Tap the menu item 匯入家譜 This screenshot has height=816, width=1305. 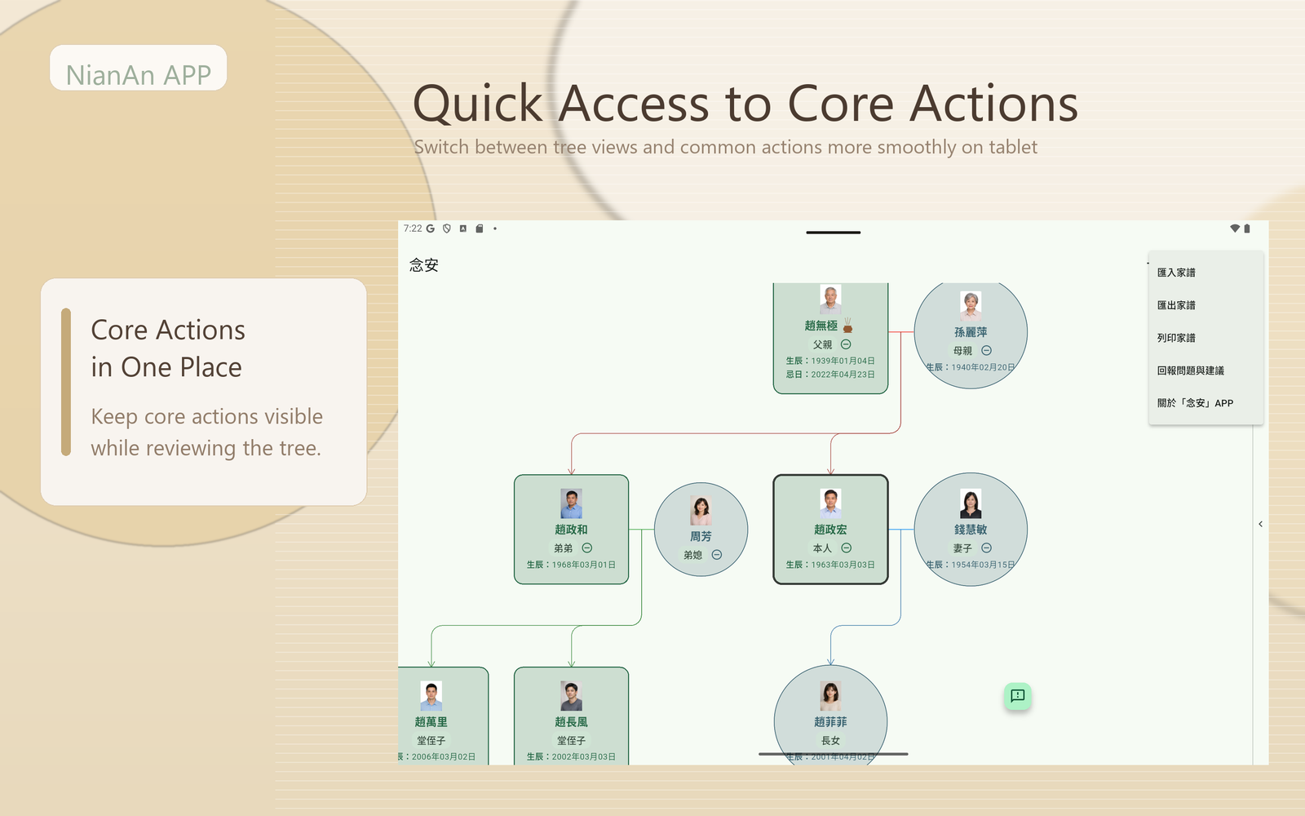[x=1176, y=273]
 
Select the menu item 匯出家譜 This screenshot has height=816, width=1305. [x=1176, y=305]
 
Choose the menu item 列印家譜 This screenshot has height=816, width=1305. [x=1176, y=338]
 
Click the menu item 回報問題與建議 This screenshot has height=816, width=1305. [x=1190, y=370]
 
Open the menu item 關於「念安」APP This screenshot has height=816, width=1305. [x=1195, y=403]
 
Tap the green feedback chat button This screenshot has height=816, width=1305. [x=1017, y=696]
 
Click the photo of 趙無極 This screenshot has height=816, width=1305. [x=830, y=299]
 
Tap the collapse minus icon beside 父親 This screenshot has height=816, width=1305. [x=846, y=344]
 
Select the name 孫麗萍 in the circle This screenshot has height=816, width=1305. [x=971, y=332]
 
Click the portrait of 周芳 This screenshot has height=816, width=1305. [x=701, y=510]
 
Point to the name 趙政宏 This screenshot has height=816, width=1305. [x=830, y=530]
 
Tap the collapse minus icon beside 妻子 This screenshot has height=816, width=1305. [x=986, y=548]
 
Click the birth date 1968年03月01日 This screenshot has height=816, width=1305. [x=583, y=565]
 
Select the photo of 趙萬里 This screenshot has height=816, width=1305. [x=431, y=696]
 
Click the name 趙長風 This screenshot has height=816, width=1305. [x=571, y=722]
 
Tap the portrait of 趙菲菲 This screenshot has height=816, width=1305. [x=830, y=696]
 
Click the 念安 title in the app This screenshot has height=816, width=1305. [x=424, y=265]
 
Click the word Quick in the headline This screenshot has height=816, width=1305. [x=477, y=104]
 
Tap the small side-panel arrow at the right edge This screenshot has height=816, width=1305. [x=1260, y=524]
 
